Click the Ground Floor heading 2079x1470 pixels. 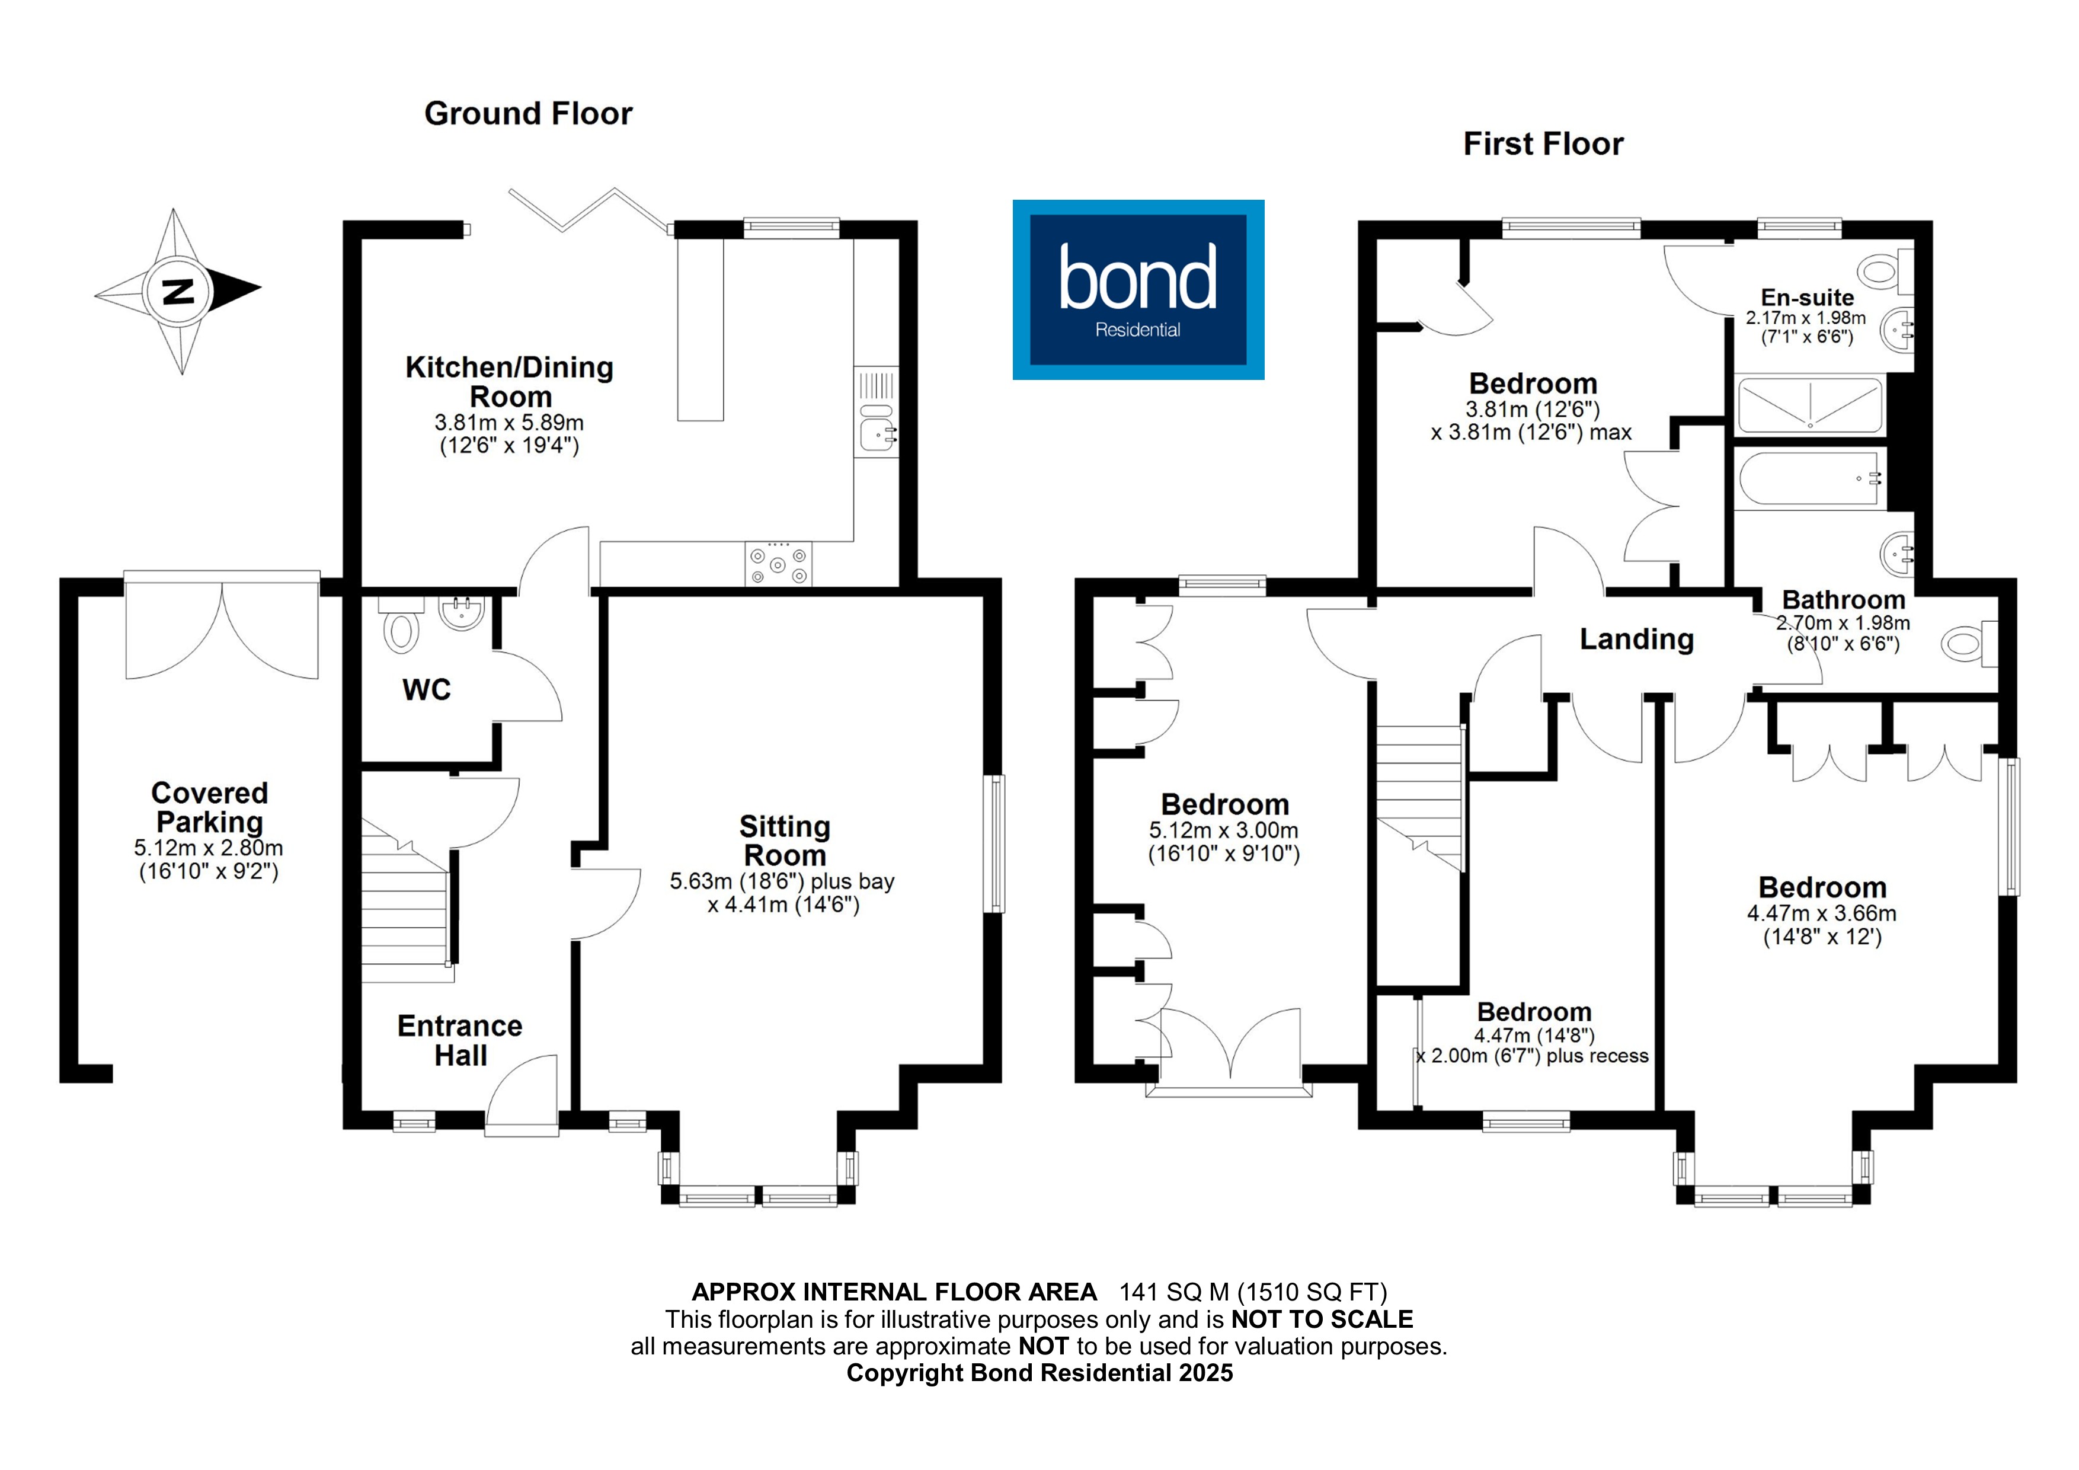point(528,114)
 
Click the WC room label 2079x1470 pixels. point(427,690)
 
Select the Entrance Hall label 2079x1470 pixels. point(460,1041)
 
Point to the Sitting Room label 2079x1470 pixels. point(784,841)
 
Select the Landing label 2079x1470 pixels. point(1636,640)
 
